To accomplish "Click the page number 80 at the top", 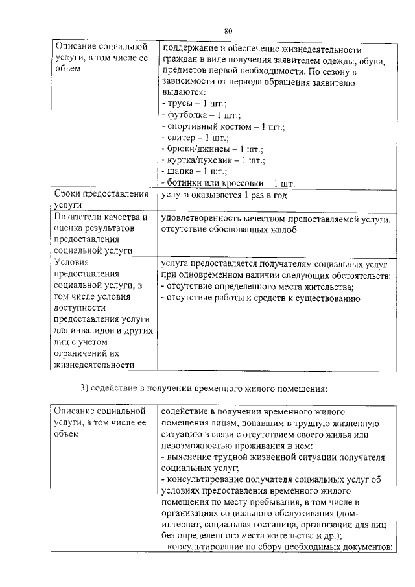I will [228, 30].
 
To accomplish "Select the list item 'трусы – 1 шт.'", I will [193, 104].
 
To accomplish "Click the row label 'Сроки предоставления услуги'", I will [101, 200].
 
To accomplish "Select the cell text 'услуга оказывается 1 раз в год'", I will [224, 195].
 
